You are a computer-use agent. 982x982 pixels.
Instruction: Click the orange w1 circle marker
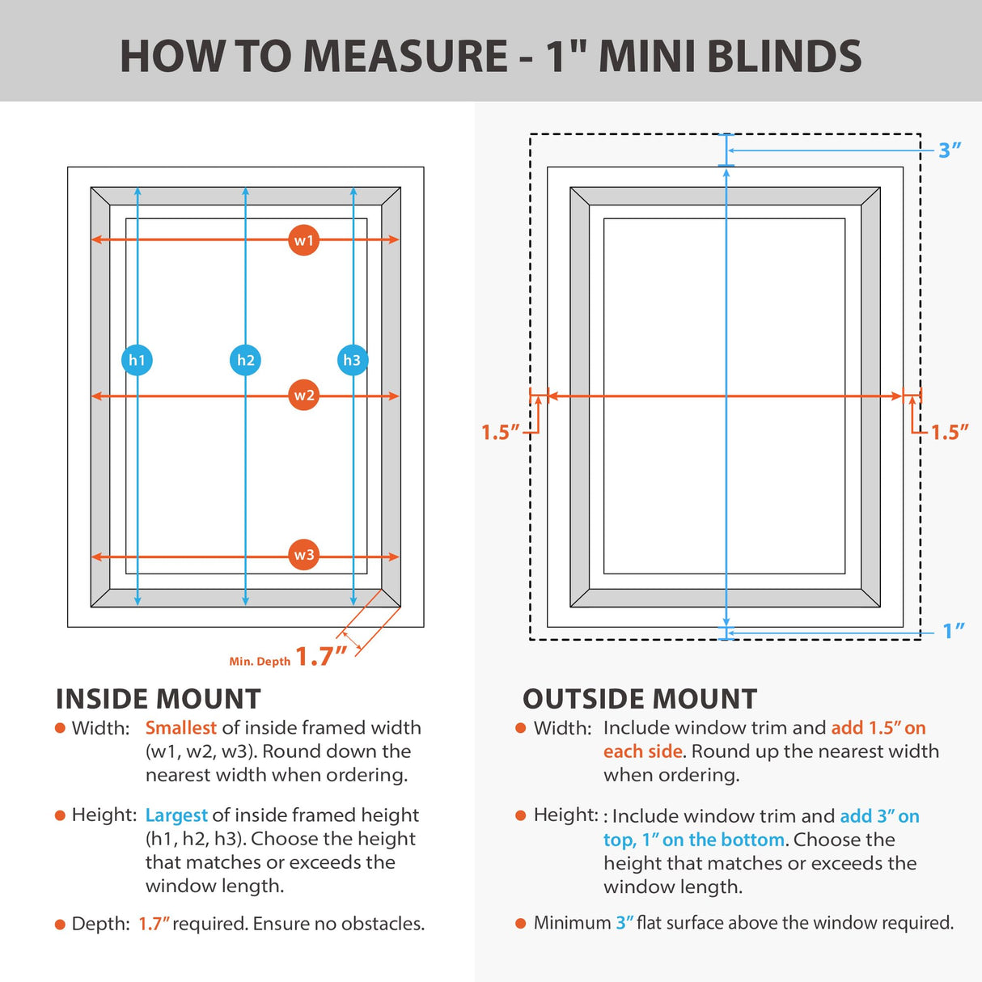click(303, 240)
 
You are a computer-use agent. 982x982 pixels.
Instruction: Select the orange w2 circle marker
click(303, 396)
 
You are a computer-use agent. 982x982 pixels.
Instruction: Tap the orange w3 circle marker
click(303, 555)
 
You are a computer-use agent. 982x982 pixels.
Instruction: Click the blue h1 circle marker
click(137, 360)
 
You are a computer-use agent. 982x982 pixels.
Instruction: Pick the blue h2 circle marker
click(245, 360)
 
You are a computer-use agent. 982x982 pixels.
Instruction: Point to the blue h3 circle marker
click(352, 360)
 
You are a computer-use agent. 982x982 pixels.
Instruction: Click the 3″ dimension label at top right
click(950, 150)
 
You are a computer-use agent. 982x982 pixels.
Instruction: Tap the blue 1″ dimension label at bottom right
click(954, 631)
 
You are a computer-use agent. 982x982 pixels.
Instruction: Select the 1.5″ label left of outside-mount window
click(500, 433)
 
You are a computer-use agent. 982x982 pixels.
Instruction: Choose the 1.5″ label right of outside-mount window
click(949, 433)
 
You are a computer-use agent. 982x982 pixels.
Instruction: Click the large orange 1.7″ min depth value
click(320, 656)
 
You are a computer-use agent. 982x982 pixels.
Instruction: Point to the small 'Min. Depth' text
click(260, 662)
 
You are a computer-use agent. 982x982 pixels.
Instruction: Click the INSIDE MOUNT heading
click(159, 699)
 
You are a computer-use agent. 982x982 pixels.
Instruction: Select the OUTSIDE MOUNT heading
click(640, 699)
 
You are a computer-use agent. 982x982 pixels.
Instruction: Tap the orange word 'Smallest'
click(180, 728)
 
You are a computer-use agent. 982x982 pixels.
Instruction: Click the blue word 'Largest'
click(176, 815)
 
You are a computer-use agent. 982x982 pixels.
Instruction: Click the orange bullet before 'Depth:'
click(60, 925)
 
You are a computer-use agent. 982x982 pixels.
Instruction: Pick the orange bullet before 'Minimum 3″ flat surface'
click(521, 924)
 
